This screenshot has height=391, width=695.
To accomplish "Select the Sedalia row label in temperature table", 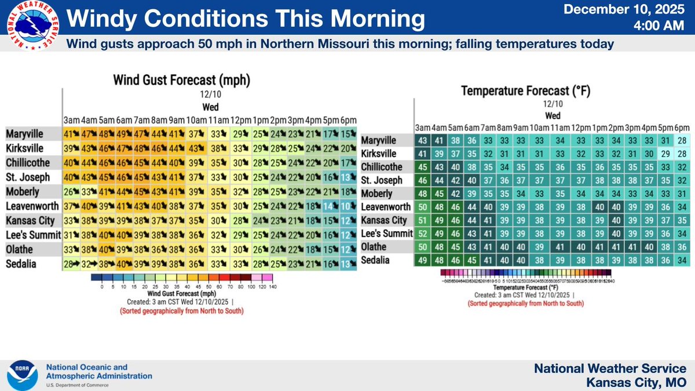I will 377,261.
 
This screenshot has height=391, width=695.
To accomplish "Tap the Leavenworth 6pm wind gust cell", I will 348,206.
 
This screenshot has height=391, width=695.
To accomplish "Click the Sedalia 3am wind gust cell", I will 72,264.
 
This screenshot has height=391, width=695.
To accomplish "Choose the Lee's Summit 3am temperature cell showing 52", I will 422,233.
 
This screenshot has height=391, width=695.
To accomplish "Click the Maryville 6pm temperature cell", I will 682,141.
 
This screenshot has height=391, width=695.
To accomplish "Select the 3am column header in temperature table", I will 422,127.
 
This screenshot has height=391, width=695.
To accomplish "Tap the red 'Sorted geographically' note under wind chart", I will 181,311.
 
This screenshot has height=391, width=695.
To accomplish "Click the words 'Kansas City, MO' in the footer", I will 637,382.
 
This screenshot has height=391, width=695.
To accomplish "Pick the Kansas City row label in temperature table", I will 383,221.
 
